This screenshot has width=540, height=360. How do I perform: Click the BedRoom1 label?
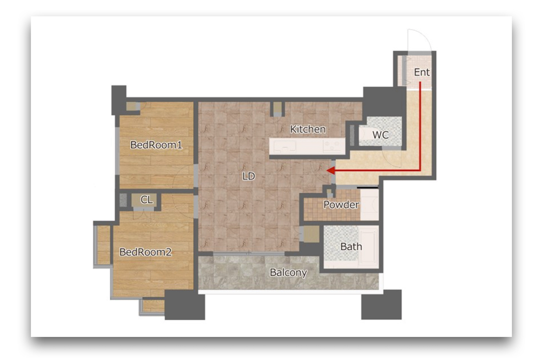(x=156, y=145)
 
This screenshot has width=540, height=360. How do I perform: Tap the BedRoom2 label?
(x=146, y=252)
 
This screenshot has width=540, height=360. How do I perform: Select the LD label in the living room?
(x=248, y=176)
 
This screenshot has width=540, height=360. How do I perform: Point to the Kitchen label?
(x=308, y=130)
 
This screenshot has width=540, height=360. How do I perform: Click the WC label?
(x=380, y=135)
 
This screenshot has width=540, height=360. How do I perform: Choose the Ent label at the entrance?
(x=422, y=72)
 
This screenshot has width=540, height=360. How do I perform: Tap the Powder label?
(x=341, y=205)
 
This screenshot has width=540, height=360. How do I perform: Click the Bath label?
(x=351, y=247)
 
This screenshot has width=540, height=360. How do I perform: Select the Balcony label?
(x=288, y=272)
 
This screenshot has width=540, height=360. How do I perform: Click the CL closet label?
(x=147, y=200)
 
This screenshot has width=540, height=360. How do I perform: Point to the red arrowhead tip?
(x=326, y=171)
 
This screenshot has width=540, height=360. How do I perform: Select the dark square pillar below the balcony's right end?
(x=381, y=305)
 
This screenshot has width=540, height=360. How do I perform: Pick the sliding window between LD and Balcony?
(x=249, y=253)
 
